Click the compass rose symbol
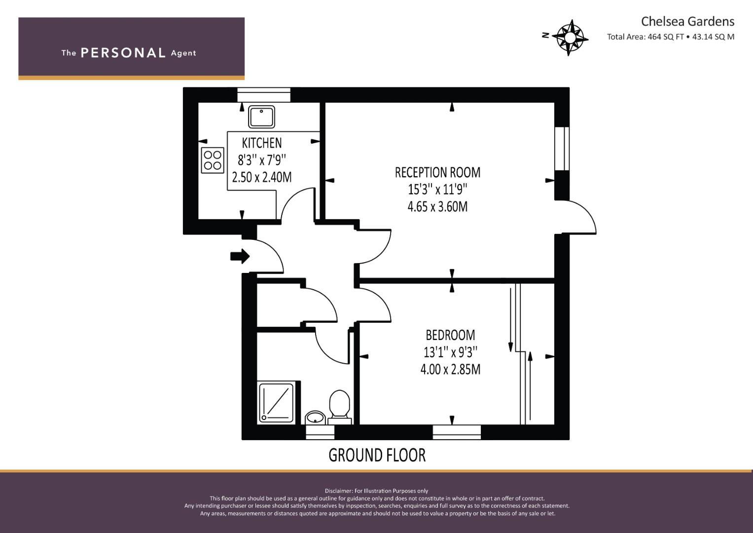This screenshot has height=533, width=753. pyautogui.click(x=570, y=38)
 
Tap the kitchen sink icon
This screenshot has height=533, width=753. pyautogui.click(x=261, y=117)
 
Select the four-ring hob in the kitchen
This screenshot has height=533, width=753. pyautogui.click(x=213, y=160)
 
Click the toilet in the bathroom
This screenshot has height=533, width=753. pyautogui.click(x=340, y=407)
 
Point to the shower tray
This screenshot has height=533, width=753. pyautogui.click(x=276, y=403)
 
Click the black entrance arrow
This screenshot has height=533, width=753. pyautogui.click(x=240, y=257)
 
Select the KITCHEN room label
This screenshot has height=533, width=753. pyautogui.click(x=261, y=143)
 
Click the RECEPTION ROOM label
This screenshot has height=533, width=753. pyautogui.click(x=437, y=172)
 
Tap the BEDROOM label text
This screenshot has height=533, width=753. pyautogui.click(x=450, y=335)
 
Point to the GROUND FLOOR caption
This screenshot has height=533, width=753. pyautogui.click(x=377, y=455)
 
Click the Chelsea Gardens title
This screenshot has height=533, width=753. pyautogui.click(x=687, y=22)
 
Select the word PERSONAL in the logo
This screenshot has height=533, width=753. pyautogui.click(x=123, y=53)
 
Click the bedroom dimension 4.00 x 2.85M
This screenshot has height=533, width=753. pyautogui.click(x=450, y=370)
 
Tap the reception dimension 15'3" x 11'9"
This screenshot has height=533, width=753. pyautogui.click(x=437, y=190)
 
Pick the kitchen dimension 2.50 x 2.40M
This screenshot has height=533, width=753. pyautogui.click(x=261, y=177)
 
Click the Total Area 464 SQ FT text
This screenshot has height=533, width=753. pyautogui.click(x=645, y=37)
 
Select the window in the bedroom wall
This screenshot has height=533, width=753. pyautogui.click(x=457, y=432)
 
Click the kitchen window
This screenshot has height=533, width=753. pyautogui.click(x=264, y=95)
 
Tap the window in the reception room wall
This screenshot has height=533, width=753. pyautogui.click(x=562, y=149)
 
